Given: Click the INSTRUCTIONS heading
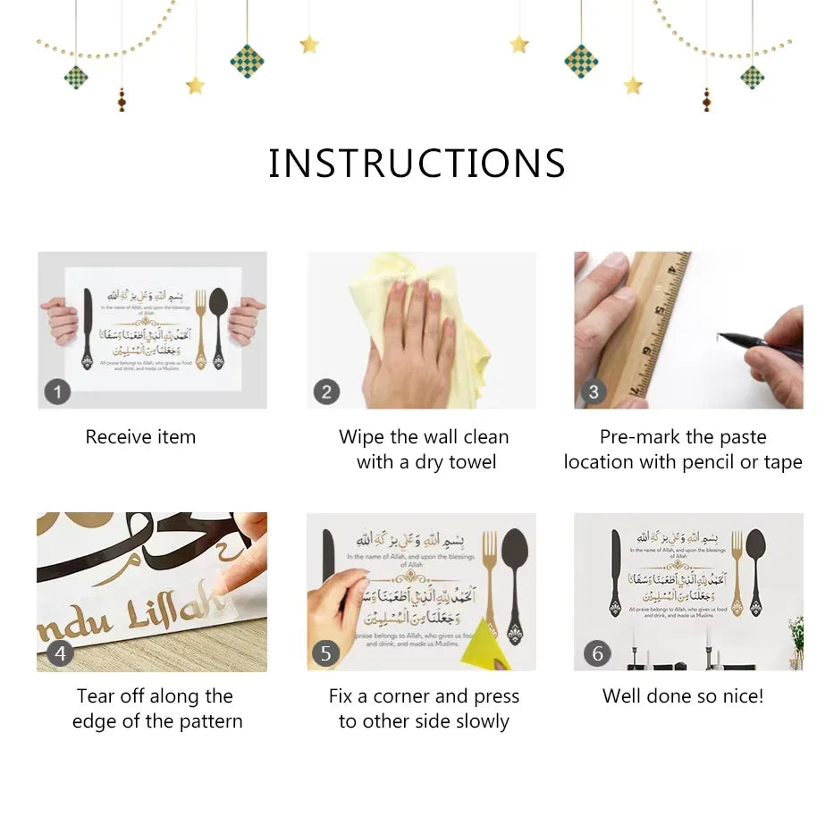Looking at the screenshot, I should pyautogui.click(x=417, y=164).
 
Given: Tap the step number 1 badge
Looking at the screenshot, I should pyautogui.click(x=57, y=392).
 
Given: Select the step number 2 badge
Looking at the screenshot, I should pyautogui.click(x=326, y=392).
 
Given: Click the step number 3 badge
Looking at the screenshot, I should pyautogui.click(x=593, y=392).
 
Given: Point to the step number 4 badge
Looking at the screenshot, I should pyautogui.click(x=59, y=653).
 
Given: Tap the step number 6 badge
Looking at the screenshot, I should pyautogui.click(x=597, y=653).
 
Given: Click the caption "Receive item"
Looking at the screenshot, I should pyautogui.click(x=140, y=437).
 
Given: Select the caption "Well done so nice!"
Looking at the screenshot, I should pyautogui.click(x=683, y=696).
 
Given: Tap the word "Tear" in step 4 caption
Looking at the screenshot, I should pyautogui.click(x=96, y=696).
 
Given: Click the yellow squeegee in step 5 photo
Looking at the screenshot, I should pyautogui.click(x=485, y=641).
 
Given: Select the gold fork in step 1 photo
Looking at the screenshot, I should pyautogui.click(x=199, y=326).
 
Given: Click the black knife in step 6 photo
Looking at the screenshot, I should pyautogui.click(x=615, y=572).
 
